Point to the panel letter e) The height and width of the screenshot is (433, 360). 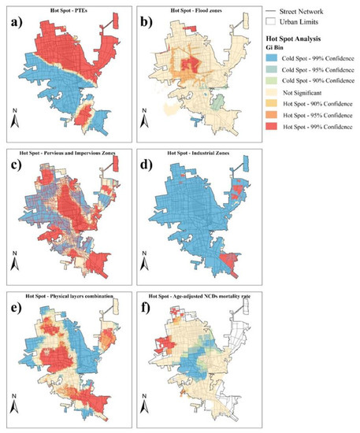(x=16, y=304)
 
